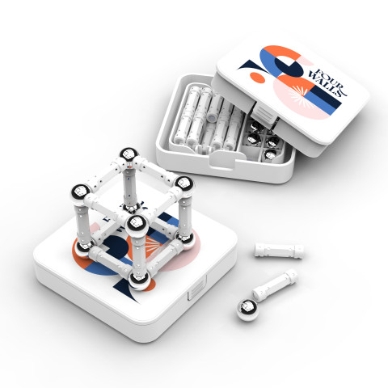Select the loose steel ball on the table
pos(248,310)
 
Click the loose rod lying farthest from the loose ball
pos(279,251)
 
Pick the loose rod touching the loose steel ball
pos(275,285)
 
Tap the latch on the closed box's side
pos(197,288)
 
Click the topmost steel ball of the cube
pos(129,156)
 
